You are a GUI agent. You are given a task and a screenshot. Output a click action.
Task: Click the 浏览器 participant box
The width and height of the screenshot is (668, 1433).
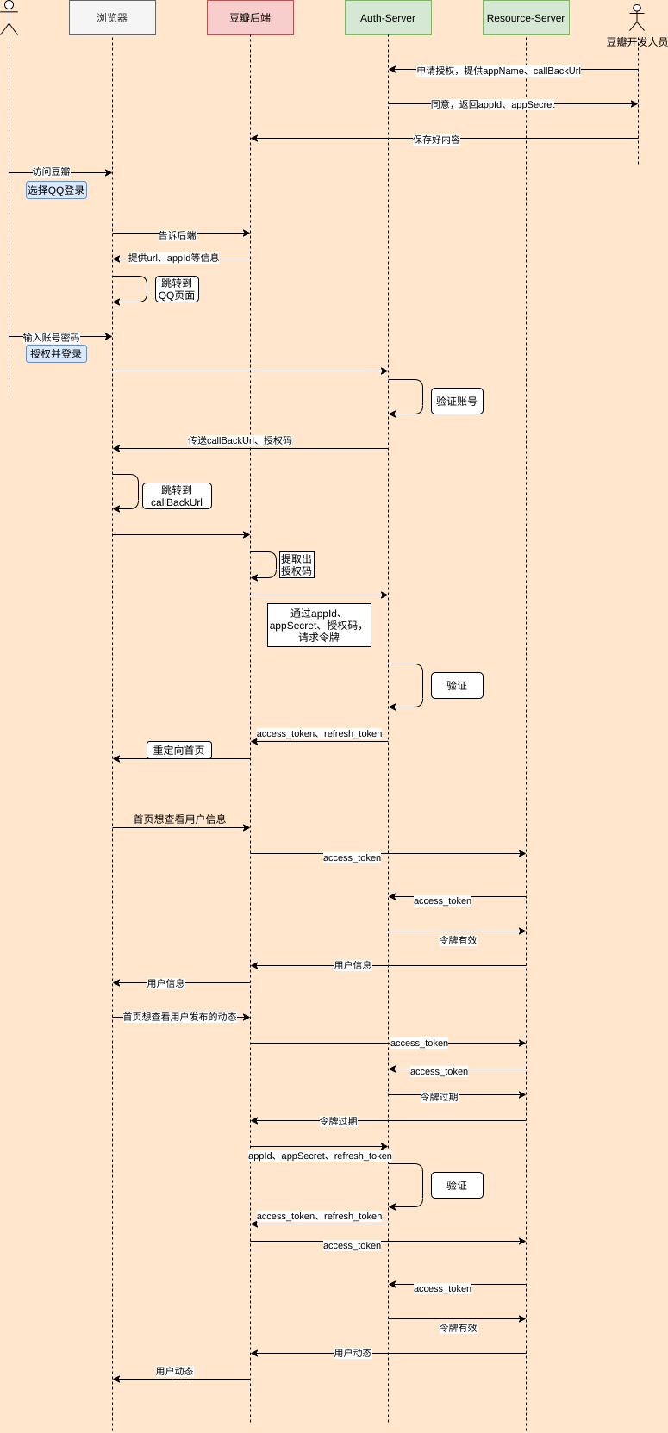[112, 18]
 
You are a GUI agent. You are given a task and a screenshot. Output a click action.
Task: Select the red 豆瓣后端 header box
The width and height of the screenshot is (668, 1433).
[250, 18]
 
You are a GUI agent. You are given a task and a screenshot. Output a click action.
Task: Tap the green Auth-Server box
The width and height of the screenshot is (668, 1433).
[388, 18]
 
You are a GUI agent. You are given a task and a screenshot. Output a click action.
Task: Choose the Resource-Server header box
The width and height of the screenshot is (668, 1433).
[526, 18]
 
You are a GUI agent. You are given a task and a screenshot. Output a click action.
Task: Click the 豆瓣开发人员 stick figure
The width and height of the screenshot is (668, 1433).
[637, 18]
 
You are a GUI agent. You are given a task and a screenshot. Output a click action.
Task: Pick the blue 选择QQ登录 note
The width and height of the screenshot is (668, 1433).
[56, 190]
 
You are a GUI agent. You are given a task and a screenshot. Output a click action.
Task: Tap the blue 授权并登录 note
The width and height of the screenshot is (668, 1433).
[56, 354]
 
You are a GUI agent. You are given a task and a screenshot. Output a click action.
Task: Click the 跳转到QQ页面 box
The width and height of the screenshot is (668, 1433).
[177, 290]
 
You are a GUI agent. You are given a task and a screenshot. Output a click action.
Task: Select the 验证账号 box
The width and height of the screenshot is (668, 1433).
[457, 402]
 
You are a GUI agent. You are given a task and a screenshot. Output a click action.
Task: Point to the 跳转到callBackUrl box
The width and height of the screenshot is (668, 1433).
[177, 496]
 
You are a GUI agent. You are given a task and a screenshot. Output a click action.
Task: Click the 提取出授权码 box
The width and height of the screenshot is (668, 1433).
[296, 565]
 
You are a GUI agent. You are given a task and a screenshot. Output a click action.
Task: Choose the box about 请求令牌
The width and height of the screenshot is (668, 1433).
[319, 626]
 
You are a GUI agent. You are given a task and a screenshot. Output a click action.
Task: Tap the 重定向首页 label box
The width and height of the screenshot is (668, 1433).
[178, 751]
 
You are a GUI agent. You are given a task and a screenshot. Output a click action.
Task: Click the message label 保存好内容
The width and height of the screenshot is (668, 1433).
[436, 140]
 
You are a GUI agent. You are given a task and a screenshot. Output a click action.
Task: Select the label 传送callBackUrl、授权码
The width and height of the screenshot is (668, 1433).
[240, 440]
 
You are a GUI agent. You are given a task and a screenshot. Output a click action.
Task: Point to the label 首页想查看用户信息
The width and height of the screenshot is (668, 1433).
[179, 819]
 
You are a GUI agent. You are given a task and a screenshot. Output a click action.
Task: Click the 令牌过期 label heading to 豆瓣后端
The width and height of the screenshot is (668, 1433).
[338, 1121]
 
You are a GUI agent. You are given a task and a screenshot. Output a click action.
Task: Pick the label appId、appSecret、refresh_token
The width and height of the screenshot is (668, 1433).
[320, 1156]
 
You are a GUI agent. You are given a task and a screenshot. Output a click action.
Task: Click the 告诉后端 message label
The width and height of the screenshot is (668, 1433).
[177, 235]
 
